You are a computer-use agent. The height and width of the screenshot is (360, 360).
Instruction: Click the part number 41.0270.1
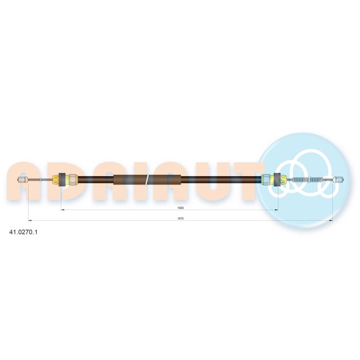point(23,232)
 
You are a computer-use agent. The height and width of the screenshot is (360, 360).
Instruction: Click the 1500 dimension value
point(180,208)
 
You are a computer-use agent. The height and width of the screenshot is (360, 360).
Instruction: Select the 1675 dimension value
point(180,219)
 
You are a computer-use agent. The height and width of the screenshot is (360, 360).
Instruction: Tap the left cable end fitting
point(23,180)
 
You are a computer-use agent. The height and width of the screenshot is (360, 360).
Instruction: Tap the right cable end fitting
point(339,180)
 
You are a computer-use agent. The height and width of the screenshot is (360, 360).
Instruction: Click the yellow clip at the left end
point(55,180)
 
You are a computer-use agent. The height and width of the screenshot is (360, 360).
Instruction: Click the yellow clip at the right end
point(283,180)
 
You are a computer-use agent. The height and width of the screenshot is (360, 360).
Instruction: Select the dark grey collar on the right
point(277,180)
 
